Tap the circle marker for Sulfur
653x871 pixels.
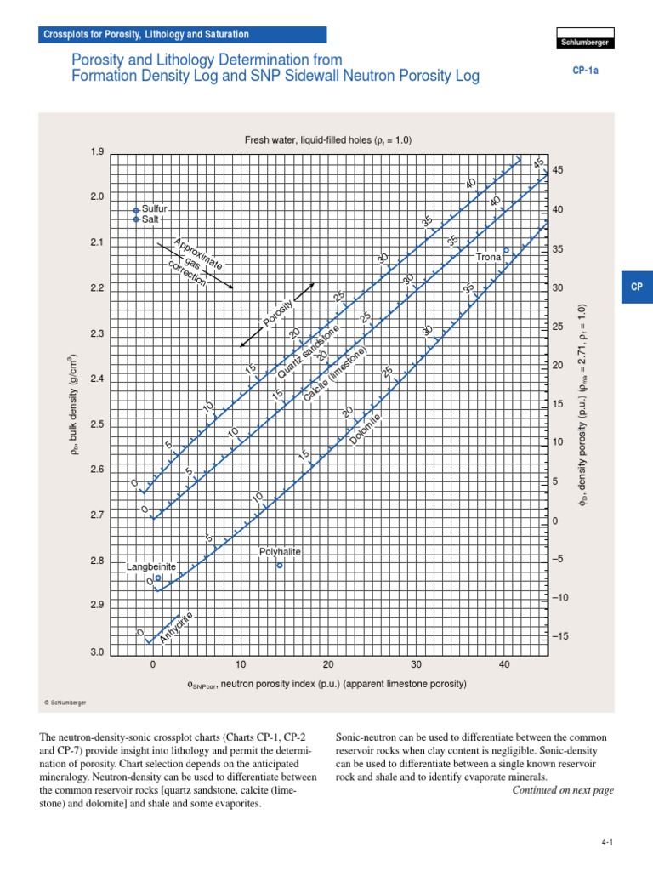pyautogui.click(x=136, y=209)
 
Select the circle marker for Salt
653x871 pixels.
pyautogui.click(x=136, y=219)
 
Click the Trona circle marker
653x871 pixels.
pyautogui.click(x=506, y=250)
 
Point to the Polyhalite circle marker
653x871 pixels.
pyautogui.click(x=280, y=565)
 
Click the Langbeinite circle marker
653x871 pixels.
pyautogui.click(x=158, y=578)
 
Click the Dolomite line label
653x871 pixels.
pyautogui.click(x=366, y=428)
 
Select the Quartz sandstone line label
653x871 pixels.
pyautogui.click(x=308, y=352)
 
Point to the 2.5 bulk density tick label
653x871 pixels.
pyautogui.click(x=96, y=424)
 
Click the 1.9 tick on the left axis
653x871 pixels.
pyautogui.click(x=96, y=152)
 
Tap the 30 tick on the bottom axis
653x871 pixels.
pyautogui.click(x=417, y=665)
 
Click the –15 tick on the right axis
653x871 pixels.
pyautogui.click(x=559, y=636)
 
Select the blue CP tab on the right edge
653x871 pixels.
pyautogui.click(x=637, y=287)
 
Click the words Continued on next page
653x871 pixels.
pyautogui.click(x=562, y=790)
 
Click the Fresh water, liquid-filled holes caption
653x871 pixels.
pyautogui.click(x=328, y=141)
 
